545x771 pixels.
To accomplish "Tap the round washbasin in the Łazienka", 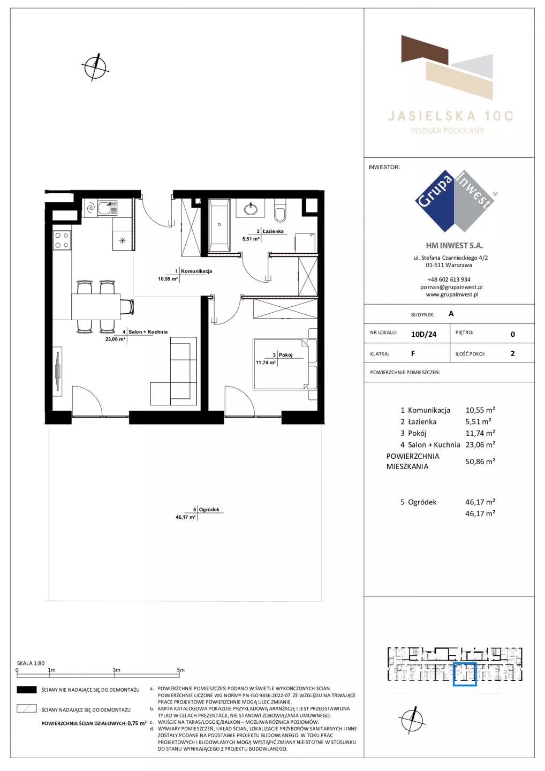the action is [251, 209].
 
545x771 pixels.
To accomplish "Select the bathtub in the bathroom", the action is [219, 225].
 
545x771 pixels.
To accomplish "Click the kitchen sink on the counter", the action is [108, 208].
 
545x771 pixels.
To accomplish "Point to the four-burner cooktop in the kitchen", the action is [62, 240].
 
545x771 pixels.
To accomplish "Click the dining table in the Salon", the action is [96, 306].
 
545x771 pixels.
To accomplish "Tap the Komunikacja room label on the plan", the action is [196, 271].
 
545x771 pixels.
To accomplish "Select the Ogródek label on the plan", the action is [209, 509].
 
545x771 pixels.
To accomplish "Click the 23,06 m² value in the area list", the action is [480, 444].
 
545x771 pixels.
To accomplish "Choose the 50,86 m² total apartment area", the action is [480, 461].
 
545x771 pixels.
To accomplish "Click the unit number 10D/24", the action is [423, 334].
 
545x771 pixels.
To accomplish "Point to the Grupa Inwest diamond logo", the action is [455, 201].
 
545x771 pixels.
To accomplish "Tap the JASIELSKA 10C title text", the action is [450, 116].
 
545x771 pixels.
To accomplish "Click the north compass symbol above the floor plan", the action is [95, 67].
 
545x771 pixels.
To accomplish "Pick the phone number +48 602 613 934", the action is [449, 279].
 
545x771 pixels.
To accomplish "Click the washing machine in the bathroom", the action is [305, 243].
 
